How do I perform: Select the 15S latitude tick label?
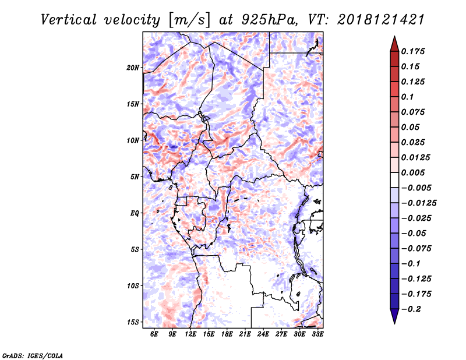(x=133, y=322)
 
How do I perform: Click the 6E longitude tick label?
(x=154, y=334)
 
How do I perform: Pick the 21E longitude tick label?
(x=245, y=334)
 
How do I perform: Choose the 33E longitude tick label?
(x=318, y=334)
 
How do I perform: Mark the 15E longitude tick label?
(x=209, y=334)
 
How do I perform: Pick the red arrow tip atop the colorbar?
(x=394, y=42)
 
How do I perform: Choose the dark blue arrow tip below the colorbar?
(x=394, y=317)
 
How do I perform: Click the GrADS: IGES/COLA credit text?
(x=32, y=355)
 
